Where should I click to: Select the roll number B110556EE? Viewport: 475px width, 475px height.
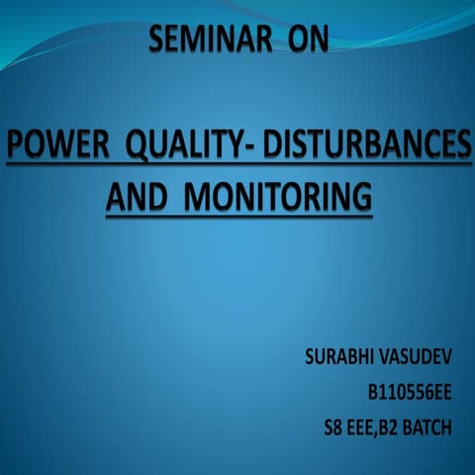pyautogui.click(x=409, y=393)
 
